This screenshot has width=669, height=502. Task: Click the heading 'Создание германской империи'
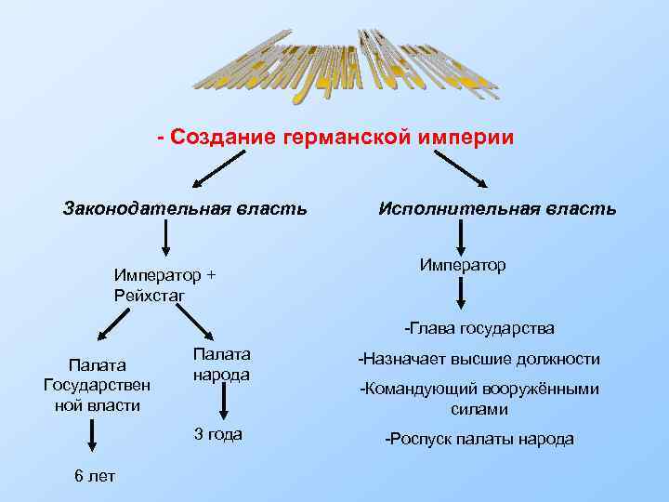click(334, 138)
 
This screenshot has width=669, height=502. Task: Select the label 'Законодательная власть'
click(185, 206)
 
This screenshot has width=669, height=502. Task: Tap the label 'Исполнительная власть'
click(496, 208)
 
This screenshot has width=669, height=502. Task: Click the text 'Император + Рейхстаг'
click(164, 284)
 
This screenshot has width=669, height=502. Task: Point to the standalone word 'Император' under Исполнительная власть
click(462, 265)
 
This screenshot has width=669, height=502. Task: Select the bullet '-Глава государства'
click(479, 328)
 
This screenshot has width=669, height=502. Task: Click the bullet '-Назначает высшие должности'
click(479, 359)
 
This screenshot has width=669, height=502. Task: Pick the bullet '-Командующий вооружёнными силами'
click(479, 399)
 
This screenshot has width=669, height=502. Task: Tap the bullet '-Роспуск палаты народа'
click(479, 439)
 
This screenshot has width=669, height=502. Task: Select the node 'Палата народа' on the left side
click(221, 364)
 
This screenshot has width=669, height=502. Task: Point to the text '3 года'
click(217, 433)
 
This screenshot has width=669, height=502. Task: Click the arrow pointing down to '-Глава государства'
click(461, 297)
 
